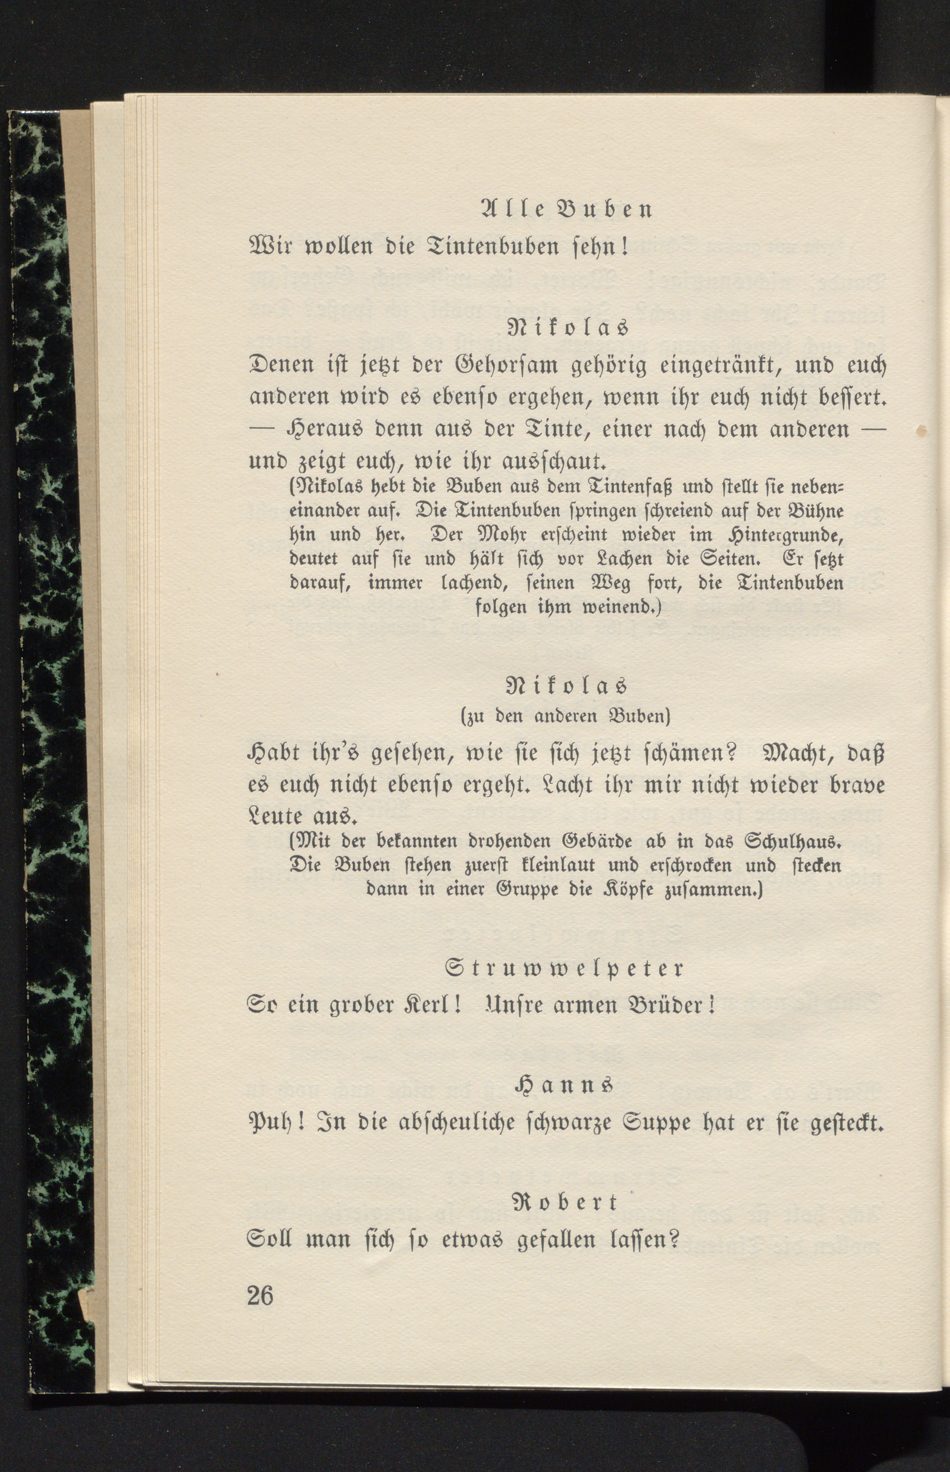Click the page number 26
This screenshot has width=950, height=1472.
[x=260, y=1294]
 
